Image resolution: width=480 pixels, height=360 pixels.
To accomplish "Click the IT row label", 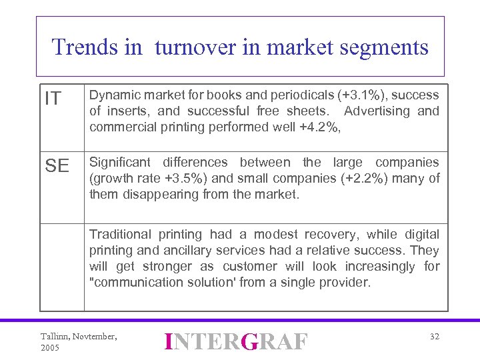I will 53,99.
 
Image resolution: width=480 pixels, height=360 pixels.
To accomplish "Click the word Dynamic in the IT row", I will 114,95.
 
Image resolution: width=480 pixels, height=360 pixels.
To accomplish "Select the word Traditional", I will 119,234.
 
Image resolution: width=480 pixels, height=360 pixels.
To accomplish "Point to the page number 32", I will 434,337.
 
